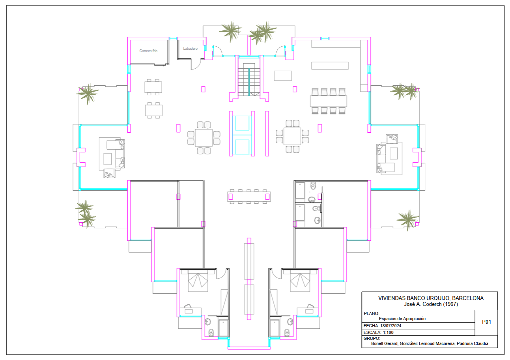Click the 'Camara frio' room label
click(148, 51)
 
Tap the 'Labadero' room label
click(191, 49)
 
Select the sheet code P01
click(487, 322)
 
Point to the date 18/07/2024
click(391, 326)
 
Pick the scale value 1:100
click(388, 332)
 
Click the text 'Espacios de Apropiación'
click(402, 319)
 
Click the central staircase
click(249, 79)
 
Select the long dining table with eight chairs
click(329, 101)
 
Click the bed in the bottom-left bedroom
click(198, 281)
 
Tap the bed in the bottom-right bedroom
click(300, 281)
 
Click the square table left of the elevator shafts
click(204, 138)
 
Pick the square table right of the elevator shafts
click(292, 136)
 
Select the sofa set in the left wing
click(112, 157)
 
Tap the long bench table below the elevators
click(249, 197)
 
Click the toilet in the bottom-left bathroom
click(211, 332)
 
